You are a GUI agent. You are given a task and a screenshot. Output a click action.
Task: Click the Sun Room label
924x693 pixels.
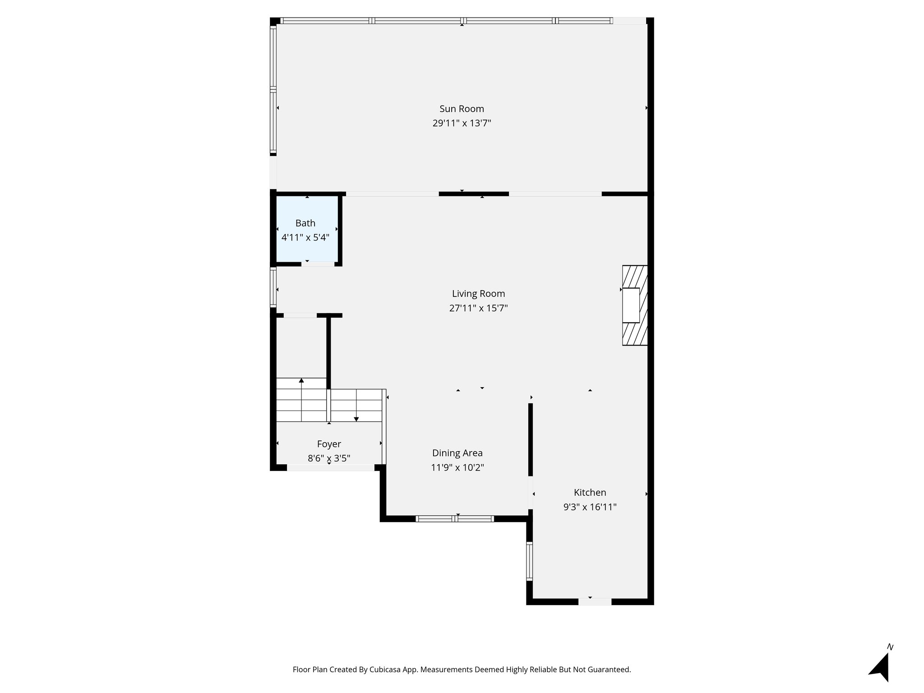tap(462, 109)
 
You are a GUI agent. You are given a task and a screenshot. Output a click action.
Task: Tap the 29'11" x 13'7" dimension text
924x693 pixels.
tap(462, 123)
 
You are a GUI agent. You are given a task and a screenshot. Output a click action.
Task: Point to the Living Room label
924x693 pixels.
tap(478, 294)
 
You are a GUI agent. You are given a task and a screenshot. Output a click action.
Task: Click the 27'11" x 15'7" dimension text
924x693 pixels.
tap(478, 308)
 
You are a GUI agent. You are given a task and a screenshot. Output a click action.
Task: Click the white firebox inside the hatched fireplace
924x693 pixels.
tap(631, 305)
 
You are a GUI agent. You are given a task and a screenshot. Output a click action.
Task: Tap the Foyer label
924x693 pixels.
tap(329, 444)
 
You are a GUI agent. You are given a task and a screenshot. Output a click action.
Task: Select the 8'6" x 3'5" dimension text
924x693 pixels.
tap(329, 458)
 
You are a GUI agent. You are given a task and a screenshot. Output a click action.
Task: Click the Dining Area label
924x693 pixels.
tap(457, 453)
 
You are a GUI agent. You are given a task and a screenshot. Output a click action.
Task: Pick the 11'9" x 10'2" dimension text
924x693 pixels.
tap(457, 467)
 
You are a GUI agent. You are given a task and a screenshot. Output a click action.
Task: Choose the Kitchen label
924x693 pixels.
tap(590, 493)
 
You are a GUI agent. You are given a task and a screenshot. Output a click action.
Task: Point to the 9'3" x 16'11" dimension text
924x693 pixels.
tap(590, 507)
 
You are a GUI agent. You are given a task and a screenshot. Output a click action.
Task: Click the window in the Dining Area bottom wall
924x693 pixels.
tap(455, 519)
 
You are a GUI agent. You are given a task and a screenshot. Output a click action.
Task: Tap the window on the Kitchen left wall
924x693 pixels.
tap(529, 561)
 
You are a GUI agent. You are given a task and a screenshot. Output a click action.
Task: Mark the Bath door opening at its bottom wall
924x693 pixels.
tap(318, 264)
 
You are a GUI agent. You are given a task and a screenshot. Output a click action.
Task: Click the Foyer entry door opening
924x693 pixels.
tap(331, 468)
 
